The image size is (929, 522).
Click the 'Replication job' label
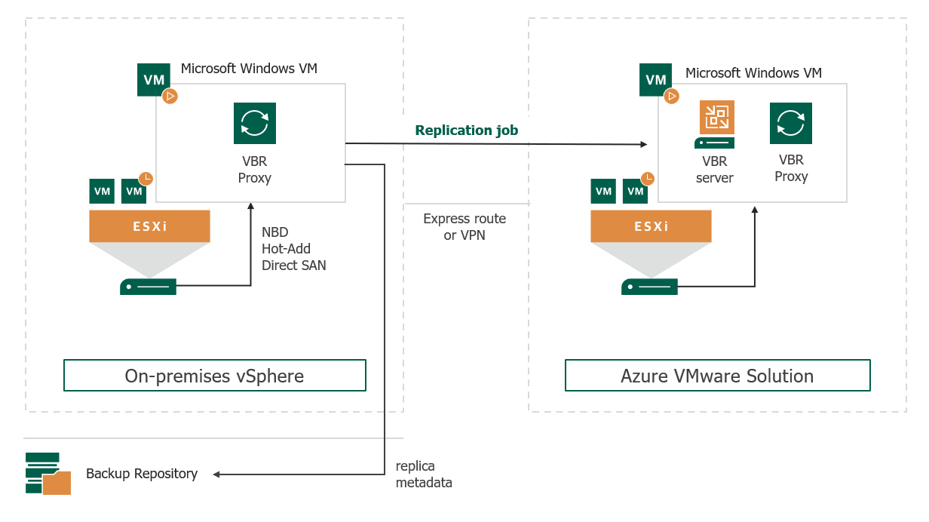pyautogui.click(x=466, y=130)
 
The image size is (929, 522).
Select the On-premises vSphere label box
pyautogui.click(x=214, y=376)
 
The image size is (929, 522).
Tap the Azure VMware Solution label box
pyautogui.click(x=717, y=376)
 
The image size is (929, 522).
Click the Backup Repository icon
pyautogui.click(x=48, y=474)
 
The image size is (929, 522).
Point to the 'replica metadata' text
pyautogui.click(x=424, y=474)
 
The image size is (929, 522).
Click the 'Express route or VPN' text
pyautogui.click(x=464, y=227)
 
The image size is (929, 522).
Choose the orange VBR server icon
pyautogui.click(x=716, y=118)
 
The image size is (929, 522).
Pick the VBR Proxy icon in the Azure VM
pyautogui.click(x=791, y=123)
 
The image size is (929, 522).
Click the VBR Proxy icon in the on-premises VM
pyautogui.click(x=255, y=123)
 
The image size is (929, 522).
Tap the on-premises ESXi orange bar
pyautogui.click(x=149, y=226)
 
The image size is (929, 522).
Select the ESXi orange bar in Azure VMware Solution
pyautogui.click(x=651, y=226)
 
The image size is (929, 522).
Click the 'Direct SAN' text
pyautogui.click(x=294, y=266)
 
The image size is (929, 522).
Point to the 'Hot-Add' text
pyautogui.click(x=286, y=249)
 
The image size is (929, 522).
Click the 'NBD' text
pyautogui.click(x=275, y=232)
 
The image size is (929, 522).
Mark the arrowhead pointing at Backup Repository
pyautogui.click(x=217, y=474)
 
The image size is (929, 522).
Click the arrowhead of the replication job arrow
pyautogui.click(x=645, y=144)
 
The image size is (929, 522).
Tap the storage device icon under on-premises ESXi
pyautogui.click(x=148, y=287)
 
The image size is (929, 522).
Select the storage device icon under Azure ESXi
pyautogui.click(x=649, y=287)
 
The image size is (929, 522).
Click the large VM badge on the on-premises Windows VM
pyautogui.click(x=154, y=80)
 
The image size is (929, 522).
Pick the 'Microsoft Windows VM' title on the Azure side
pyautogui.click(x=753, y=73)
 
